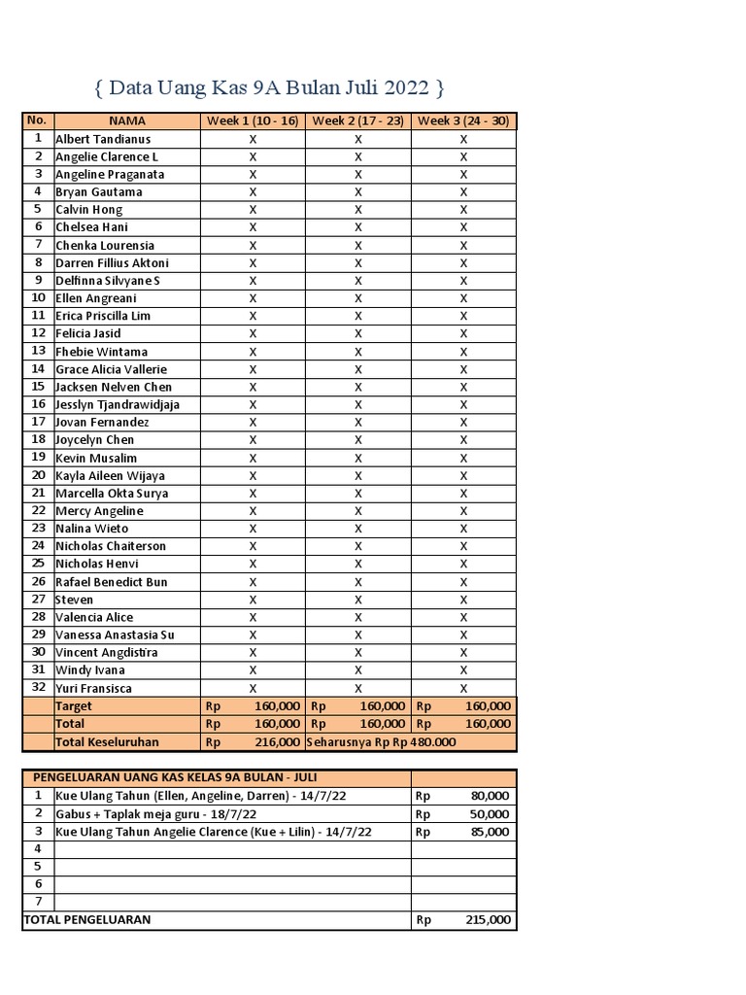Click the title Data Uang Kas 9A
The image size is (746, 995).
pyautogui.click(x=270, y=88)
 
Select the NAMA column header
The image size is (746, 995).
pyautogui.click(x=126, y=120)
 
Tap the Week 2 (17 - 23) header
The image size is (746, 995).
pyautogui.click(x=357, y=120)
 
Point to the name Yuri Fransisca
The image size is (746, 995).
pyautogui.click(x=94, y=688)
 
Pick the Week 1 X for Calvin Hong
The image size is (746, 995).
pyautogui.click(x=253, y=210)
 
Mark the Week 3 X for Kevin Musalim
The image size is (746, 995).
pyautogui.click(x=463, y=458)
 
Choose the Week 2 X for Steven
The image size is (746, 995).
pyautogui.click(x=357, y=600)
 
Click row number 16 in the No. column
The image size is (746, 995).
pyautogui.click(x=38, y=404)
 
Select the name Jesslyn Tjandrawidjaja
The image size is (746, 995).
pyautogui.click(x=118, y=404)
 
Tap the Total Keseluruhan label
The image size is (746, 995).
pyautogui.click(x=106, y=741)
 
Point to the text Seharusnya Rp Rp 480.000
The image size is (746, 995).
pyautogui.click(x=381, y=741)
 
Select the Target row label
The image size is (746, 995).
pyautogui.click(x=74, y=706)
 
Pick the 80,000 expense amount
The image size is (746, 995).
pyautogui.click(x=489, y=796)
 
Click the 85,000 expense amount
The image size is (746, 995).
pyautogui.click(x=489, y=832)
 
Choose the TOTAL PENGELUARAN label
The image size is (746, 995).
pyautogui.click(x=87, y=919)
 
